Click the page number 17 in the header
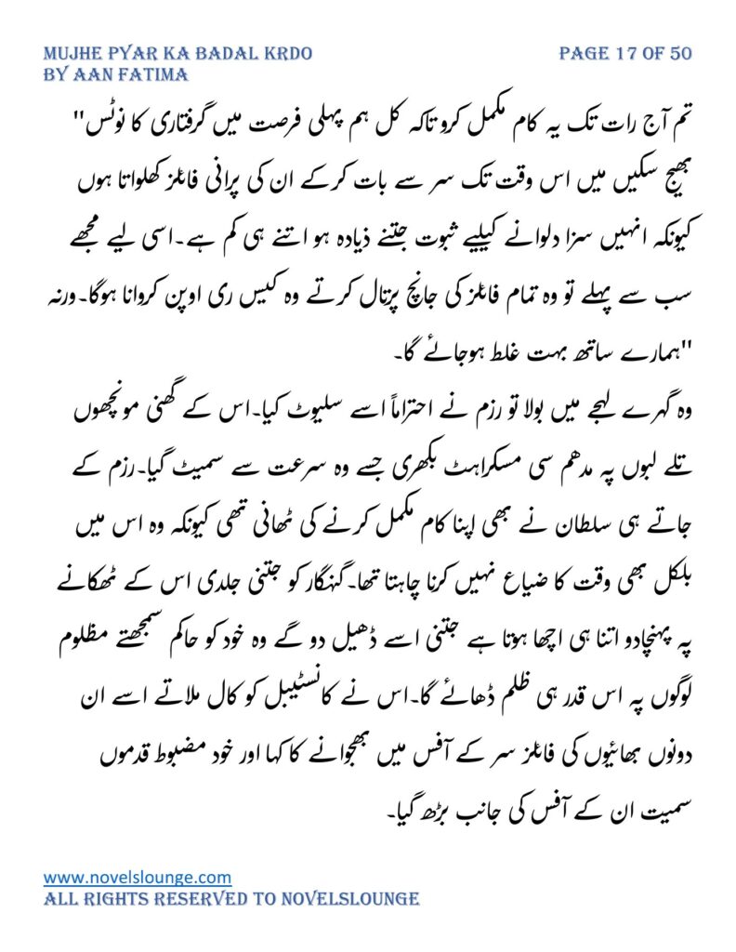click(627, 53)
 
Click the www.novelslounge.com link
click(138, 877)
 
